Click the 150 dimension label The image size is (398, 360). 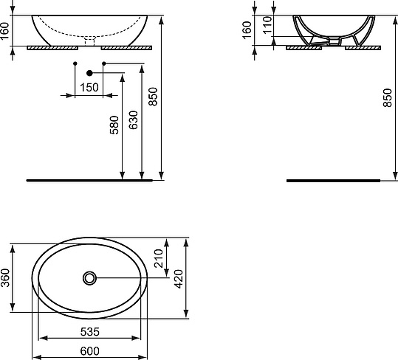(x=89, y=88)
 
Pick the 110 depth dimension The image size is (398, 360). (x=268, y=28)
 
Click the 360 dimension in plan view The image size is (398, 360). (x=6, y=279)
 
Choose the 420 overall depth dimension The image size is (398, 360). (x=178, y=279)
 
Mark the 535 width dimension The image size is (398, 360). (x=89, y=331)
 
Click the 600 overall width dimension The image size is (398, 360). (x=89, y=350)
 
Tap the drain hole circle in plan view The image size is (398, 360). (x=90, y=278)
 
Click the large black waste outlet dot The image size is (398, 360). (x=90, y=73)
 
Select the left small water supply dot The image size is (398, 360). (x=75, y=65)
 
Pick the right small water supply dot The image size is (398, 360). (x=104, y=65)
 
